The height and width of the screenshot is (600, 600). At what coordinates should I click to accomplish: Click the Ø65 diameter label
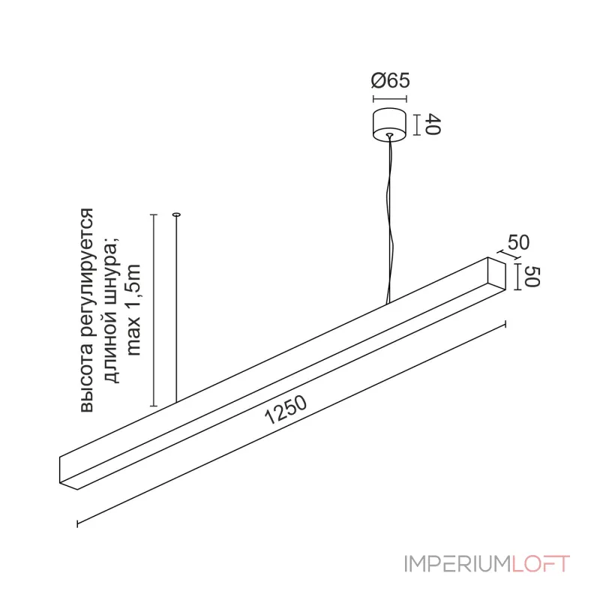click(x=390, y=80)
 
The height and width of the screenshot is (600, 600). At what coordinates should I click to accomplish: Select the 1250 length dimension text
click(x=286, y=409)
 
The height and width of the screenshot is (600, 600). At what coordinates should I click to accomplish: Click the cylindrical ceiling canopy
click(x=389, y=124)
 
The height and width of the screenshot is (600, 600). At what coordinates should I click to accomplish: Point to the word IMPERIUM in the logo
click(x=457, y=563)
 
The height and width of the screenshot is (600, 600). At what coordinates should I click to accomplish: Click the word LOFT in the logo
click(x=541, y=563)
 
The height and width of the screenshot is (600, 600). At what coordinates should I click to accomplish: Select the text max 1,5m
click(x=135, y=310)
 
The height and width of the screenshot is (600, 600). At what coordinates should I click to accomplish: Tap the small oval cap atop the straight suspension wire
click(x=176, y=214)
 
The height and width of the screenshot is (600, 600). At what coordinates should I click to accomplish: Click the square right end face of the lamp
click(x=496, y=273)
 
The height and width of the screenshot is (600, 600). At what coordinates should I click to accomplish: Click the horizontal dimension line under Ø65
click(x=390, y=99)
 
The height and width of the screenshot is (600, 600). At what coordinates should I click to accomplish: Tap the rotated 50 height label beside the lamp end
click(x=532, y=276)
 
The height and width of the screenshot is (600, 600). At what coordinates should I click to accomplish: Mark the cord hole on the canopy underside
click(x=389, y=135)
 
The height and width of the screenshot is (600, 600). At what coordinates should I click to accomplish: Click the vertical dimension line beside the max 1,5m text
click(x=154, y=310)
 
